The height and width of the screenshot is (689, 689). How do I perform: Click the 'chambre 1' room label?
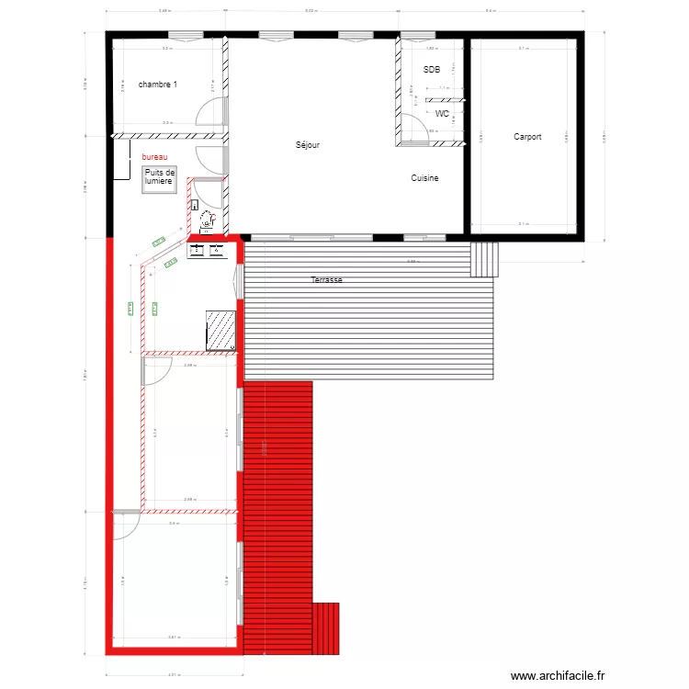coord(158,85)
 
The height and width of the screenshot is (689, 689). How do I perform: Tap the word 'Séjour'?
coord(308,145)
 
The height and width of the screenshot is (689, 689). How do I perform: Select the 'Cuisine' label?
coord(424,178)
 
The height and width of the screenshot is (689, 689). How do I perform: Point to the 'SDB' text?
coord(432,70)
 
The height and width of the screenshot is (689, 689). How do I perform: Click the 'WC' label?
coord(442,114)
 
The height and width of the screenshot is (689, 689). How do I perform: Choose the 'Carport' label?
coord(527,137)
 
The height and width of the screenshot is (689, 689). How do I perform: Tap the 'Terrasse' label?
coord(326,279)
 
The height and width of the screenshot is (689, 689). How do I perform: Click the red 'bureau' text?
coord(154,158)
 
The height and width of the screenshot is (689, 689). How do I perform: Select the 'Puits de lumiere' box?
coord(158,178)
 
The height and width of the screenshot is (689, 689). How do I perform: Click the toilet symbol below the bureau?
coord(208,220)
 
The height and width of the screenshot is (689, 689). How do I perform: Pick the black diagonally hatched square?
coord(221,329)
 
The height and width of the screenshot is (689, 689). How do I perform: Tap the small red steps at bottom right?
coord(326,628)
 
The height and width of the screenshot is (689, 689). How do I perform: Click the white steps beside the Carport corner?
coord(484,259)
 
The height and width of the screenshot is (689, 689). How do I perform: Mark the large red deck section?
coord(277,514)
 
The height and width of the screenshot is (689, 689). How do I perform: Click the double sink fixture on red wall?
coord(208,248)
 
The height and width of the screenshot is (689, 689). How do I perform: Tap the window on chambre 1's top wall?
coord(191,36)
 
